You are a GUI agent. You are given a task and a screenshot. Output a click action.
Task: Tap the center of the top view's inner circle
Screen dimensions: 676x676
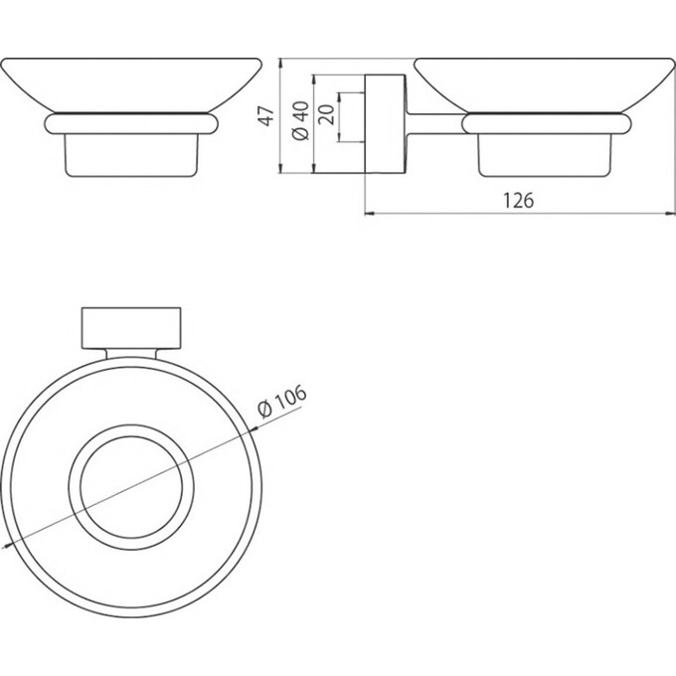click(x=131, y=490)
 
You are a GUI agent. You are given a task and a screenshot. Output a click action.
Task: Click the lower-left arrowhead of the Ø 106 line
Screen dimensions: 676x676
click(x=9, y=544)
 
